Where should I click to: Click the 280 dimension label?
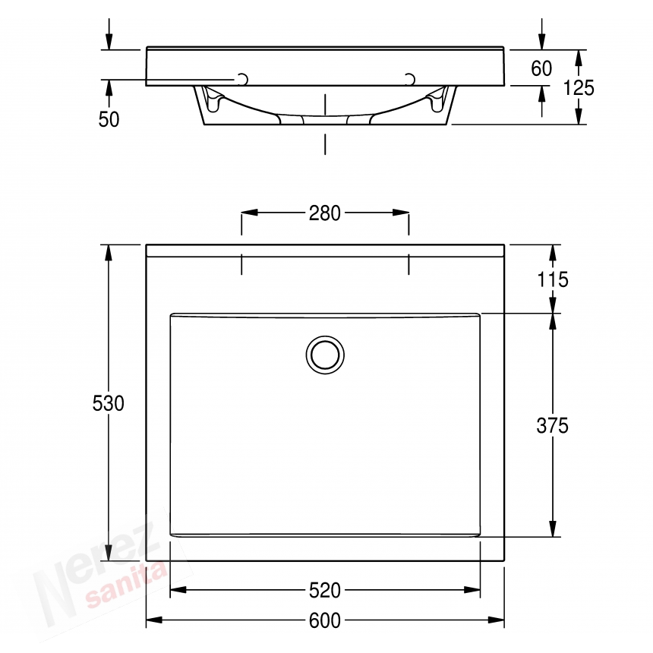[x=325, y=213]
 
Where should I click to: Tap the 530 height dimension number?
[x=109, y=403]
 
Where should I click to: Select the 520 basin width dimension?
[x=325, y=589]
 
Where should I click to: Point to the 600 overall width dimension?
[x=325, y=620]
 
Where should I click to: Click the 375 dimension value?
[x=552, y=426]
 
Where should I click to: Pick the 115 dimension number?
[x=552, y=279]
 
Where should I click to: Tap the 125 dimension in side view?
[x=579, y=88]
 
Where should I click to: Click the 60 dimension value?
[x=541, y=69]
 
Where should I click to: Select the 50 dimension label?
[x=109, y=119]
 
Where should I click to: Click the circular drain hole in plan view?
[x=325, y=354]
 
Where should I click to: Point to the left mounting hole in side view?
[x=243, y=79]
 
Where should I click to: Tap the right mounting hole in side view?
[x=411, y=79]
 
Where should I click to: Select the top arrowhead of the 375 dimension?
[x=552, y=320]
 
